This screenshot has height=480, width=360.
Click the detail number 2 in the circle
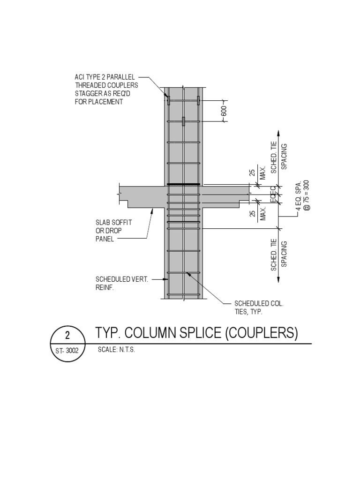(x=67, y=336)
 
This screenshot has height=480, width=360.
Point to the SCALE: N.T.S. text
(x=116, y=350)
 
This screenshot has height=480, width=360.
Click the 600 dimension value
(x=224, y=111)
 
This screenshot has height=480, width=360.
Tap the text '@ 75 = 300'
(x=307, y=195)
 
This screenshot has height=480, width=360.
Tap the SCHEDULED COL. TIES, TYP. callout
(x=255, y=307)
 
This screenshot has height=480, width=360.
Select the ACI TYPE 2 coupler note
(x=106, y=89)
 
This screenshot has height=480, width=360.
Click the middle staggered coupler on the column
(x=183, y=121)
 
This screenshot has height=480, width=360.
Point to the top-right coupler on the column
(x=199, y=100)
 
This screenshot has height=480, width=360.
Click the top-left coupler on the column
(x=168, y=100)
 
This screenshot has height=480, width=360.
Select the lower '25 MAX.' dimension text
(x=258, y=213)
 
